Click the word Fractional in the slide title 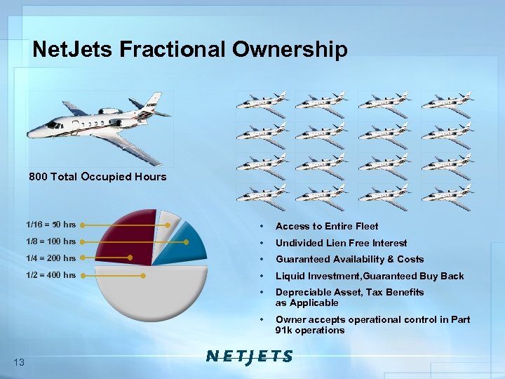tap(170, 49)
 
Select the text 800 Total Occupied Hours tap(97, 177)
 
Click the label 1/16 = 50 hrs tap(50, 225)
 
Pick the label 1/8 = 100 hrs tap(50, 242)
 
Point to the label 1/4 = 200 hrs tap(50, 258)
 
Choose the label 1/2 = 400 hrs tap(50, 275)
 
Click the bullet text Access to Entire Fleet tap(326, 226)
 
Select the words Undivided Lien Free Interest tap(341, 243)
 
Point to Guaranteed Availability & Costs tap(349, 259)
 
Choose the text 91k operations tap(310, 331)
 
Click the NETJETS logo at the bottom tap(249, 357)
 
